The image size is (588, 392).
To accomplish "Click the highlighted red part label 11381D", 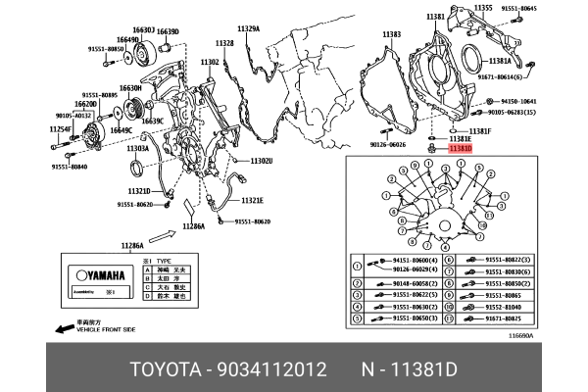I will tap(461, 149).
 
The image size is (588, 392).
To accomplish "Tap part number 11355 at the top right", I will tap(483, 8).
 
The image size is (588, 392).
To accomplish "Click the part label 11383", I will tap(391, 34).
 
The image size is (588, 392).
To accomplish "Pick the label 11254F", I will tap(61, 128).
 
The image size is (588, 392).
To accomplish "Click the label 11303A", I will tap(137, 148).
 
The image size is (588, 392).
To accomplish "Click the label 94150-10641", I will tap(519, 101).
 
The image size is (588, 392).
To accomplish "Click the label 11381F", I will tap(479, 130).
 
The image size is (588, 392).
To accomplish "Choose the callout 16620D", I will tap(85, 103).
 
